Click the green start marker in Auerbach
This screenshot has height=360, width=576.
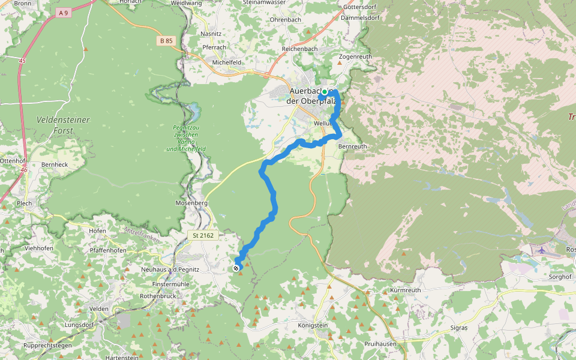tap(325, 92)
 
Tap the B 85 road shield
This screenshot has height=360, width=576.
tap(166, 41)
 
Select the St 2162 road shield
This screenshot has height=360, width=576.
tap(204, 236)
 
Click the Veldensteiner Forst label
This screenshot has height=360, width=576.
tap(63, 125)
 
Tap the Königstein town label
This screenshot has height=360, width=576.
tap(313, 325)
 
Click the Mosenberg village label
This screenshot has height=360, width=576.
tap(191, 203)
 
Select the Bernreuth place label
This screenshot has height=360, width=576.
tap(352, 146)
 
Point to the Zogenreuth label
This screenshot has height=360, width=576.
tap(355, 57)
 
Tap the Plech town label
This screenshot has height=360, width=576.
tap(25, 203)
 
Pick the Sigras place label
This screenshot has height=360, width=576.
tap(458, 328)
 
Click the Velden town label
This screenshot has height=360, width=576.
tap(98, 309)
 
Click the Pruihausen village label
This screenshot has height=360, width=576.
tap(380, 344)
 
